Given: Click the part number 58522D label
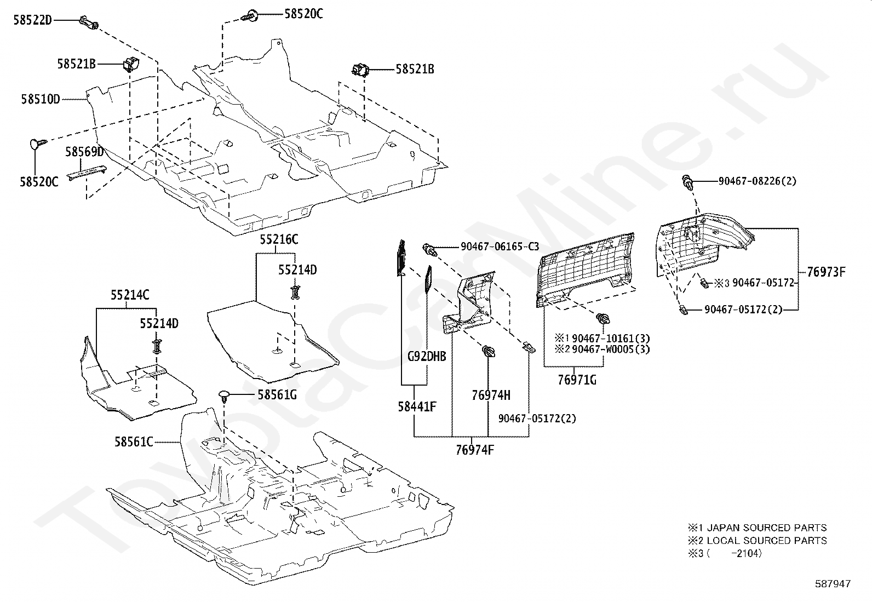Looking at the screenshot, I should (x=32, y=20).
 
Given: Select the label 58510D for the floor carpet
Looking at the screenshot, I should (x=41, y=99).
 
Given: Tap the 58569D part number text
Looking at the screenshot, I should (x=84, y=152).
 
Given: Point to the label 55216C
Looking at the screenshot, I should (x=279, y=239).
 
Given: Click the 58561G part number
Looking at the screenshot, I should (x=277, y=394).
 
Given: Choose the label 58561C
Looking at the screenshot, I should (x=134, y=442).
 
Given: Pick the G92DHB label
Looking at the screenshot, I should (x=427, y=357).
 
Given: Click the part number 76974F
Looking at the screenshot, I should (x=475, y=450).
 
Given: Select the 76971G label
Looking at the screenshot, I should (x=577, y=379).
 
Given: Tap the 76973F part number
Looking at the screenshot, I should (x=826, y=271).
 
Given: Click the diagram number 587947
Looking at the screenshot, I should (x=833, y=584).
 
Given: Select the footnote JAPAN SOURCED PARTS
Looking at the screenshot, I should (x=766, y=528).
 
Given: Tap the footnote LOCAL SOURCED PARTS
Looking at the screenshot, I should (x=766, y=541).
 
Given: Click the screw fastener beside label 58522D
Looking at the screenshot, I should (x=89, y=22).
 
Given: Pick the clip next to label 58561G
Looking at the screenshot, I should (x=225, y=395).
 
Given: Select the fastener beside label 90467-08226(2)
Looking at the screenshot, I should (x=687, y=182).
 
